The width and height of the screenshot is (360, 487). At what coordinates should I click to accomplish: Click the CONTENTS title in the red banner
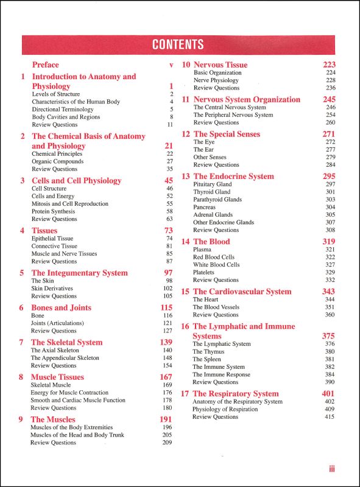pos(178,44)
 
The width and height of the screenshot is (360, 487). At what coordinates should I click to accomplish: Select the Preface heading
pos(46,65)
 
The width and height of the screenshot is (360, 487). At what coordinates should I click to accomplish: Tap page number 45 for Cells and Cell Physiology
pos(169,181)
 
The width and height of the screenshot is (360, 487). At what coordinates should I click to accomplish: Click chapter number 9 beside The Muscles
pos(21,419)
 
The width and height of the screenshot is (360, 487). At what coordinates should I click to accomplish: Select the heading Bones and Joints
pos(61,308)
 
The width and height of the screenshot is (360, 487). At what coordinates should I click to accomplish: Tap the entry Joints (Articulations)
pos(57,323)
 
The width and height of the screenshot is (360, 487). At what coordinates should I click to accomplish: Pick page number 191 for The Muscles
pos(166,419)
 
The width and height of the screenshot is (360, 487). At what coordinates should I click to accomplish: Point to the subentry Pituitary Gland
pos(213,184)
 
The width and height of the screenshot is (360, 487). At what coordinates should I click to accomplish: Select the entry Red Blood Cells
pos(214,258)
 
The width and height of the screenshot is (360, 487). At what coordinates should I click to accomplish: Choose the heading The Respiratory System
pos(236,394)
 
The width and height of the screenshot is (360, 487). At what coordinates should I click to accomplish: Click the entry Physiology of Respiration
pos(225,409)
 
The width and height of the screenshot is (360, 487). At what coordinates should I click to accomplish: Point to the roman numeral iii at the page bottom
pos(331,469)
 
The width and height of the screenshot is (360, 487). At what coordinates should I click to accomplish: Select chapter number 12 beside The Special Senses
pos(186,135)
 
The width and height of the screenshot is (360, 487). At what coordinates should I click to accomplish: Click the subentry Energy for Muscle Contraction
pos(69,393)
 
